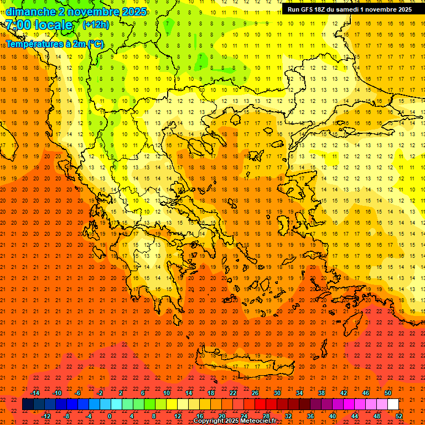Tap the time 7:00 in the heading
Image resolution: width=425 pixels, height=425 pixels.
(x=18, y=25)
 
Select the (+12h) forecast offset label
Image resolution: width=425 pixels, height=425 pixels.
(x=96, y=24)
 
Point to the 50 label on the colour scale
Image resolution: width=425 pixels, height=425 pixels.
(x=388, y=393)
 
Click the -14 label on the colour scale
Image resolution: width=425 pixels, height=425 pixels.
(x=35, y=393)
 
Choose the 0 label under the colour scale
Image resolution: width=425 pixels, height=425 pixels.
(x=110, y=416)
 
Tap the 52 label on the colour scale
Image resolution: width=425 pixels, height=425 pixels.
(x=399, y=416)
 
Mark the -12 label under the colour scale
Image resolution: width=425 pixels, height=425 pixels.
(x=46, y=416)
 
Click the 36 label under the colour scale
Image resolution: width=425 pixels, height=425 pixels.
(x=310, y=416)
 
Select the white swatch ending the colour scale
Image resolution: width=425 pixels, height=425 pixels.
(x=393, y=405)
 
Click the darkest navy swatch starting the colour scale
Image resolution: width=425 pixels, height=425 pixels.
(x=28, y=405)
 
